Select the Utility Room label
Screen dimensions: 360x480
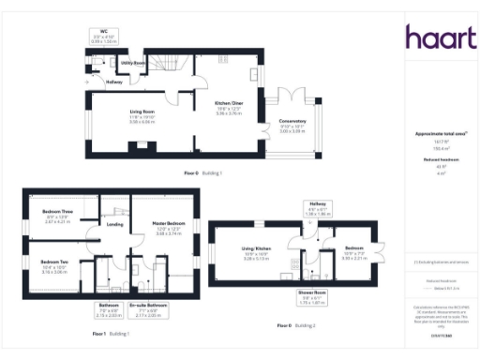click(133, 63)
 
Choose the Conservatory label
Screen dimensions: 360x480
click(292, 124)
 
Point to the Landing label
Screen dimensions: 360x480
click(115, 224)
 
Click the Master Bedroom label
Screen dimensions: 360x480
click(155, 224)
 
